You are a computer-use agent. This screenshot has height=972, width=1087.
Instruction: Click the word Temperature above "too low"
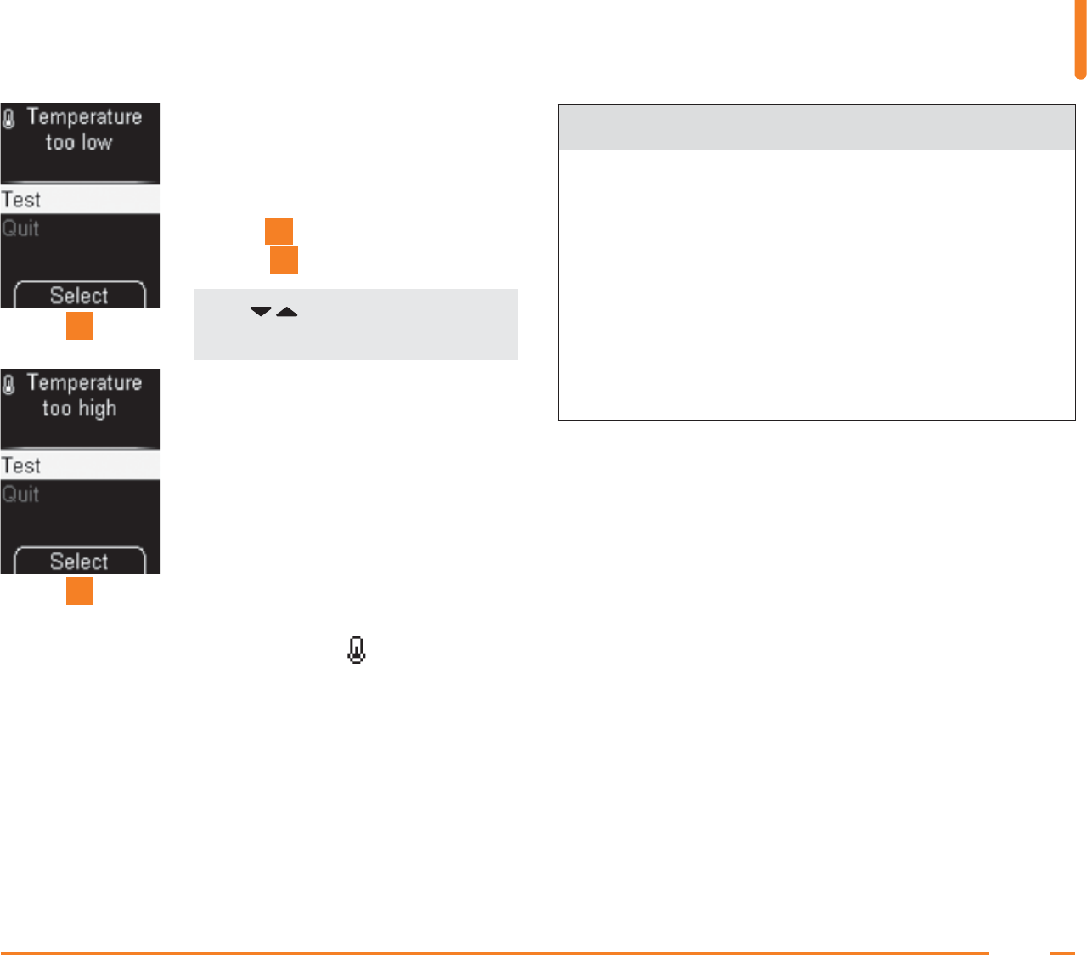click(x=84, y=116)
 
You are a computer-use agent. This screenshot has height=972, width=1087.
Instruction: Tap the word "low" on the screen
click(x=97, y=143)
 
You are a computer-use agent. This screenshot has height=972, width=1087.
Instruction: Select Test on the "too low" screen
click(x=21, y=200)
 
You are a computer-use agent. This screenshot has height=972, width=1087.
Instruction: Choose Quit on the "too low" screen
click(x=21, y=229)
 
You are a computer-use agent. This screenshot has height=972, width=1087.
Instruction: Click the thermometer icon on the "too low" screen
click(x=9, y=119)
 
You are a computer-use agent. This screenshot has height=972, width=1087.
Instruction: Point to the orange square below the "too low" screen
click(x=80, y=326)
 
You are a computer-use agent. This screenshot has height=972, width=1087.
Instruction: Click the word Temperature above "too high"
click(x=84, y=382)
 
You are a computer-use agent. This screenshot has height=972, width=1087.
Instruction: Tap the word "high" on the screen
click(x=98, y=409)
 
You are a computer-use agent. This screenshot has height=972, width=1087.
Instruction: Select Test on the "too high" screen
click(x=21, y=466)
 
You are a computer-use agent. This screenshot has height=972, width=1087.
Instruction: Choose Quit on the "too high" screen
click(x=21, y=494)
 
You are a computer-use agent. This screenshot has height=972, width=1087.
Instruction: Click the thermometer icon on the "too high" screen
click(x=9, y=385)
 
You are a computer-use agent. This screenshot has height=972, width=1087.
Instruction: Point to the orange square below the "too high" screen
click(x=80, y=591)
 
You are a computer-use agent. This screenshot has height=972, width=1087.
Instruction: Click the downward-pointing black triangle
click(x=261, y=313)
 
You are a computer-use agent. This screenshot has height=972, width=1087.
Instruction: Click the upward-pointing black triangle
click(x=287, y=313)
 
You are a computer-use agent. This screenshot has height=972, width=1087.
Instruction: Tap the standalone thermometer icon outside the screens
click(x=357, y=651)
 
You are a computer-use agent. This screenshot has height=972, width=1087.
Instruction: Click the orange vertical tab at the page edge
click(x=1080, y=39)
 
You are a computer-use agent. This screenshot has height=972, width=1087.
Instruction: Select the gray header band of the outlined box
click(x=816, y=127)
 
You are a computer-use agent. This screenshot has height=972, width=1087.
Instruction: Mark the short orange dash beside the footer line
click(x=1062, y=953)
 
